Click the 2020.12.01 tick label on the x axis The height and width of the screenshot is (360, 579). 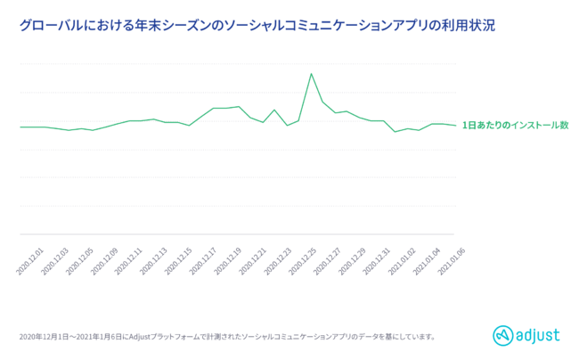click(x=31, y=261)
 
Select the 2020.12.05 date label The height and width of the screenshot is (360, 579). click(x=80, y=261)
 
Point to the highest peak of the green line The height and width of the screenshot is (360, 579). click(x=311, y=73)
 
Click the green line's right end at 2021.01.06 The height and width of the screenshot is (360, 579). click(x=455, y=125)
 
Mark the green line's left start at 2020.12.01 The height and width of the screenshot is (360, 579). click(x=20, y=127)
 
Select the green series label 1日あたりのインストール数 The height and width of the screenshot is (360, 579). click(x=515, y=126)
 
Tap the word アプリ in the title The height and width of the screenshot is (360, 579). click(x=429, y=25)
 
